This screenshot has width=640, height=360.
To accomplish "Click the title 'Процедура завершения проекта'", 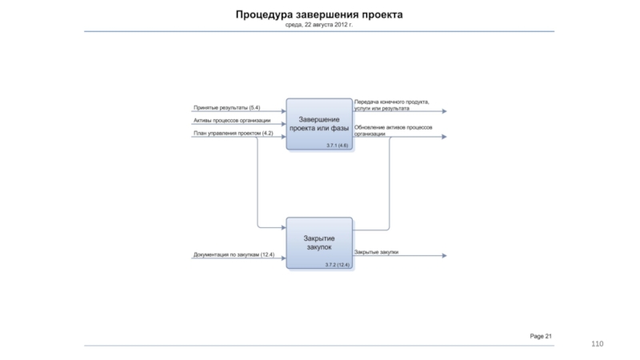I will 319,15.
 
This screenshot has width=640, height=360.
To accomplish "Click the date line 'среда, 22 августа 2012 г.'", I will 319,26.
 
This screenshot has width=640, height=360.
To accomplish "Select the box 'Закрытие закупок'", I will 319,242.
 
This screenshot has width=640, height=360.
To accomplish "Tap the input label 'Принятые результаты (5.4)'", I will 226,107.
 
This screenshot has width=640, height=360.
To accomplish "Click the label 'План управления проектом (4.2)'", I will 233,133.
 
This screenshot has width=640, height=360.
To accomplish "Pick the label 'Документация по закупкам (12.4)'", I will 234,254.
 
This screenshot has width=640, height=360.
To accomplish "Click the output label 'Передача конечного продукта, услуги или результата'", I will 391,105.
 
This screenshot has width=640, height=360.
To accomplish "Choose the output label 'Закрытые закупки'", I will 376,252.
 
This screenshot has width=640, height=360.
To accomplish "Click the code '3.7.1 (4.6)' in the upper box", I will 338,145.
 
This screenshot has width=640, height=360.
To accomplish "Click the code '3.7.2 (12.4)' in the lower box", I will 337,265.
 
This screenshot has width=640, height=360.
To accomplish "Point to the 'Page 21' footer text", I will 541,335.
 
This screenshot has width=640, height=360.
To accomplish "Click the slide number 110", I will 597,343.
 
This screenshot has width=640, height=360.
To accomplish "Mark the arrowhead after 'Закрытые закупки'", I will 444,256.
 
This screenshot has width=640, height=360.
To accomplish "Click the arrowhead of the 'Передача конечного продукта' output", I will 444,111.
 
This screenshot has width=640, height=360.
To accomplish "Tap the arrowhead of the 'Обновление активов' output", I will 444,137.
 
